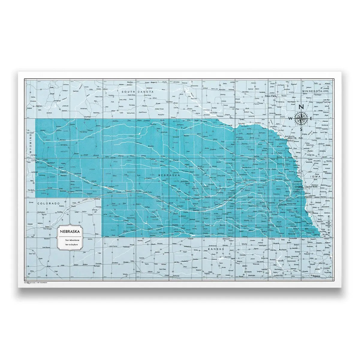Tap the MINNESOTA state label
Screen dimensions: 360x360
[312, 91]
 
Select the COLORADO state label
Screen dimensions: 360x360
[47, 203]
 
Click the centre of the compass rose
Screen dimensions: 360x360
[301, 118]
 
